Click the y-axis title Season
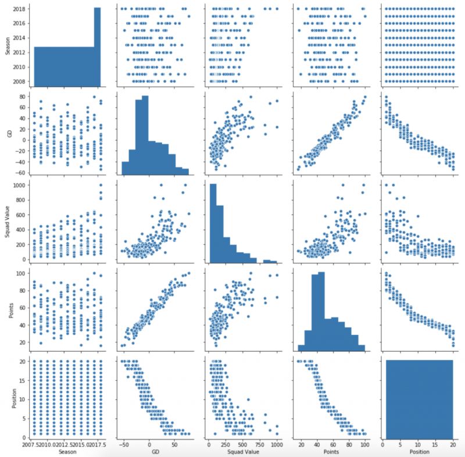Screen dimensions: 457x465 click(x=8, y=45)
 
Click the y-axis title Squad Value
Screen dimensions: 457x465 click(x=8, y=222)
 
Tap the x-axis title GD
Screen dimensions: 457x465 click(x=149, y=452)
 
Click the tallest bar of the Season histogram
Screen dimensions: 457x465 click(x=97, y=47)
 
